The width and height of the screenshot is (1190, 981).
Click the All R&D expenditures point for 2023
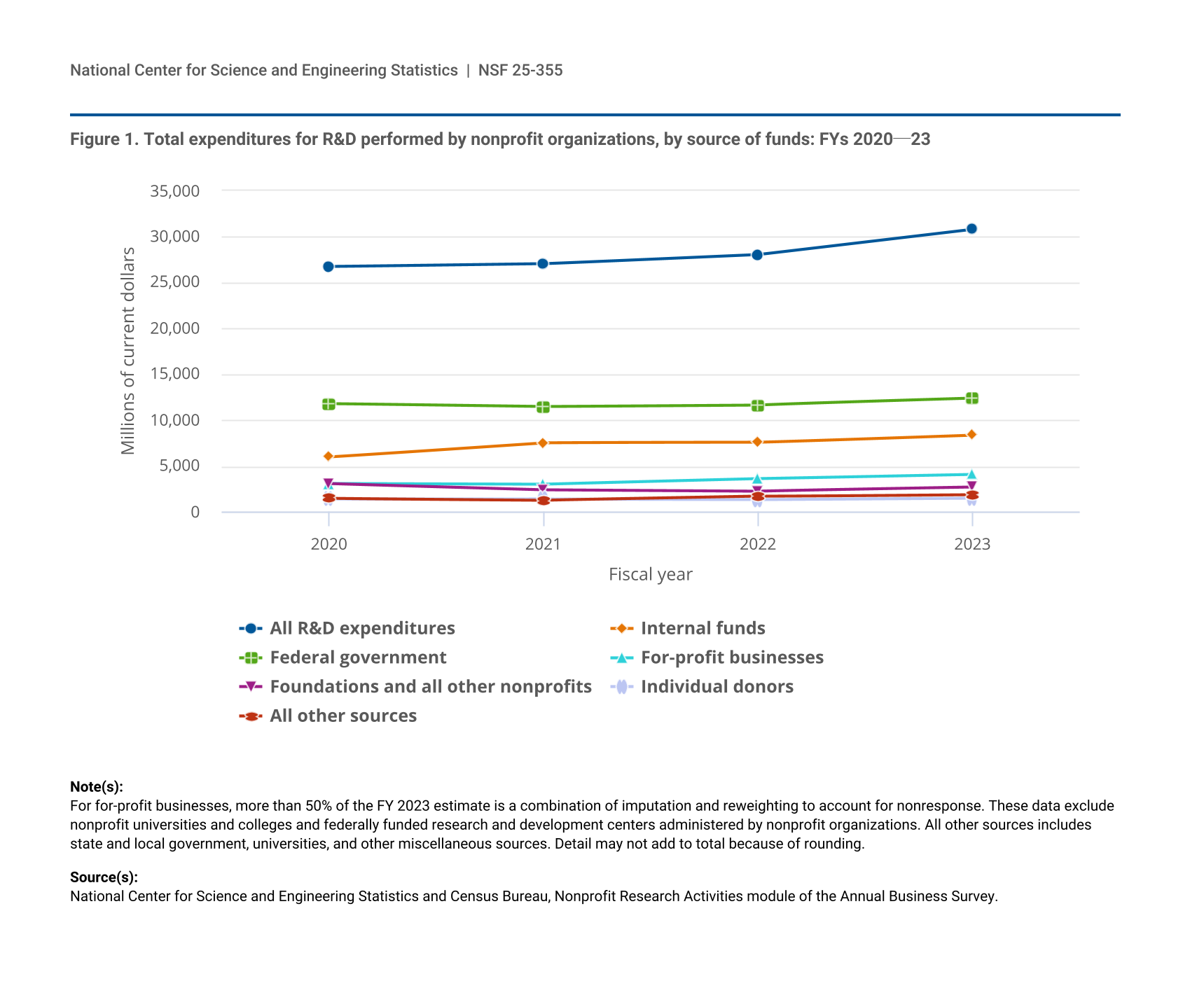coord(971,229)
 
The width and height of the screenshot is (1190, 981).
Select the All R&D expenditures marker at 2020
coord(328,267)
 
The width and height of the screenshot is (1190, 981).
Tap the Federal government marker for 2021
coord(543,407)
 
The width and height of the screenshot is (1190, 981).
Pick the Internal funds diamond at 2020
coord(328,457)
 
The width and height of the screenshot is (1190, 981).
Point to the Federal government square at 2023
coord(971,398)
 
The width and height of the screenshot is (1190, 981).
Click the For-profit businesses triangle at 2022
coord(757,479)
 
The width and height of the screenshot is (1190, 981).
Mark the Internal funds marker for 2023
coord(971,435)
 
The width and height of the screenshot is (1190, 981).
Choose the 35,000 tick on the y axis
coord(174,191)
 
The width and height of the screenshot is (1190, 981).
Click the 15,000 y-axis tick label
coord(174,375)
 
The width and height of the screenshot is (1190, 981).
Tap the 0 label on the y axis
coord(195,513)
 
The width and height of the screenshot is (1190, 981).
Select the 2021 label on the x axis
coord(543,545)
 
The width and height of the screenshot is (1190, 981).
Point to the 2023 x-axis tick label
coord(971,545)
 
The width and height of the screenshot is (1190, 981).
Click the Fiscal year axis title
coord(650,575)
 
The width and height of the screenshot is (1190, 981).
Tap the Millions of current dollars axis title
coord(127,351)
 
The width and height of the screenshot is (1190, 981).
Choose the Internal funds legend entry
coord(703,628)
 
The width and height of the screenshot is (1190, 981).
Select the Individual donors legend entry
coord(717,687)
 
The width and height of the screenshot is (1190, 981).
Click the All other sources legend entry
coord(343,716)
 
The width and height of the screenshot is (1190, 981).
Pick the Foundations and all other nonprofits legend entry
coord(430,687)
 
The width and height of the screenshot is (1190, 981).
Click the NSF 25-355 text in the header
coord(520,70)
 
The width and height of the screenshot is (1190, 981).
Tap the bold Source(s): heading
coord(104,877)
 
